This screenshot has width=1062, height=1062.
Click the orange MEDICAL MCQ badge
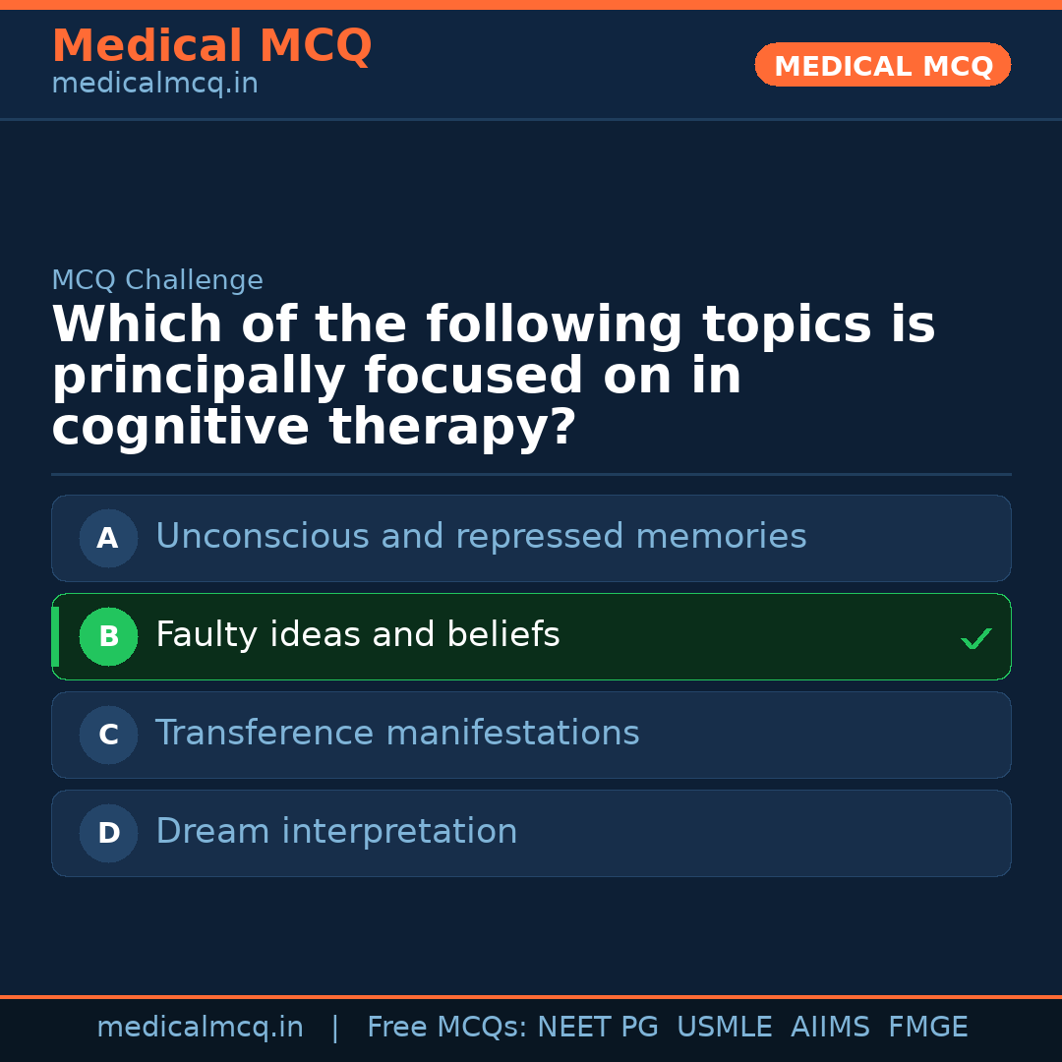click(x=882, y=65)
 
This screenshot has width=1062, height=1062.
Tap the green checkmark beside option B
click(x=975, y=639)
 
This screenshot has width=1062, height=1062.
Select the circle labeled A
click(x=108, y=539)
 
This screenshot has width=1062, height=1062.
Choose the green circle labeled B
click(x=108, y=637)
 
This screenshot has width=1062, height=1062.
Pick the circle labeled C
click(x=108, y=736)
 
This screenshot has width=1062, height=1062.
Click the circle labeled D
click(x=108, y=834)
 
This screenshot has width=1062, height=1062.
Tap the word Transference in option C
click(x=264, y=734)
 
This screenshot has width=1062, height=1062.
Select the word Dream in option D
click(x=212, y=832)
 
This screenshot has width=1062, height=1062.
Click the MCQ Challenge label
click(x=157, y=281)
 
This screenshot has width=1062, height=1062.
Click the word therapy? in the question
click(x=452, y=429)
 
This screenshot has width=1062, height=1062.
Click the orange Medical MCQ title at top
click(x=211, y=46)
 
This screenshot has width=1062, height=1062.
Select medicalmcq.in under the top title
click(x=154, y=85)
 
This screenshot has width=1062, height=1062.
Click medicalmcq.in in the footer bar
click(x=200, y=1028)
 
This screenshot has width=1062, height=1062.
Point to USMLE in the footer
click(x=724, y=1028)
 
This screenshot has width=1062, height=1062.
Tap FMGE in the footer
click(x=927, y=1028)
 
